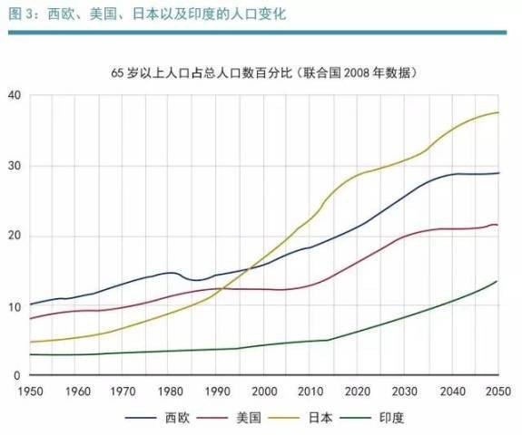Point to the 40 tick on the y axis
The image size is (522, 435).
coord(13,96)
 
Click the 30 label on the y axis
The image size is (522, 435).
coord(13,166)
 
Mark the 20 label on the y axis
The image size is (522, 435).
coord(13,236)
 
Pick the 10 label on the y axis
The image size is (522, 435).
coord(13,306)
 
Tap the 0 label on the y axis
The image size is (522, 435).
coord(16,375)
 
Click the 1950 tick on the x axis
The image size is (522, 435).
coord(30,391)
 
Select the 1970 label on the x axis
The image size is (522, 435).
coord(123,391)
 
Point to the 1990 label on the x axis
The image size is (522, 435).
coord(217,391)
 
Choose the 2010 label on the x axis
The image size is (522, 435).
coord(311,391)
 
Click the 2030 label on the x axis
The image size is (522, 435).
coord(405,391)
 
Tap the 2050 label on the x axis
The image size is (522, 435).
coord(497,391)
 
